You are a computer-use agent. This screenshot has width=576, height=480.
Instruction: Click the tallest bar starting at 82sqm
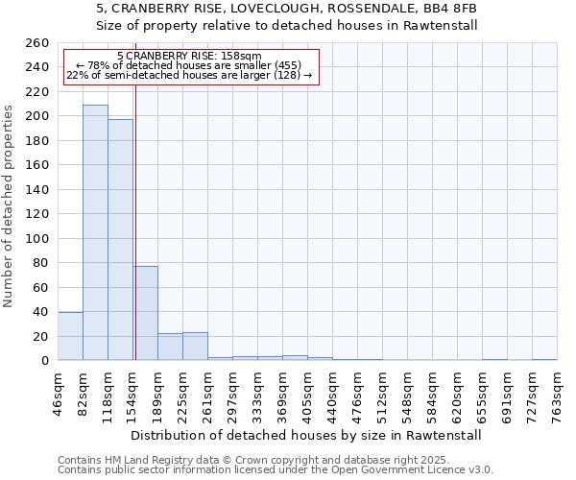pyautogui.click(x=95, y=232)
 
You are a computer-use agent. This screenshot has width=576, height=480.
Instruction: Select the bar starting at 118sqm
pyautogui.click(x=120, y=240)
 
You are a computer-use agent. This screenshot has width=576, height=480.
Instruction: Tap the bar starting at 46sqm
pyautogui.click(x=70, y=336)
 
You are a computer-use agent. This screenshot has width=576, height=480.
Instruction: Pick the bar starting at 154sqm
pyautogui.click(x=145, y=313)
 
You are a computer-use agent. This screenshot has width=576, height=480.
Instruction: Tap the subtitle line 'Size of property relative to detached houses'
pyautogui.click(x=287, y=26)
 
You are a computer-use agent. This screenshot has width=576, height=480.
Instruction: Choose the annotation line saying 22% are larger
pyautogui.click(x=189, y=75)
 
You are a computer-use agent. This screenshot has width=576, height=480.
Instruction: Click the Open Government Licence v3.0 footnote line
pyautogui.click(x=276, y=470)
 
